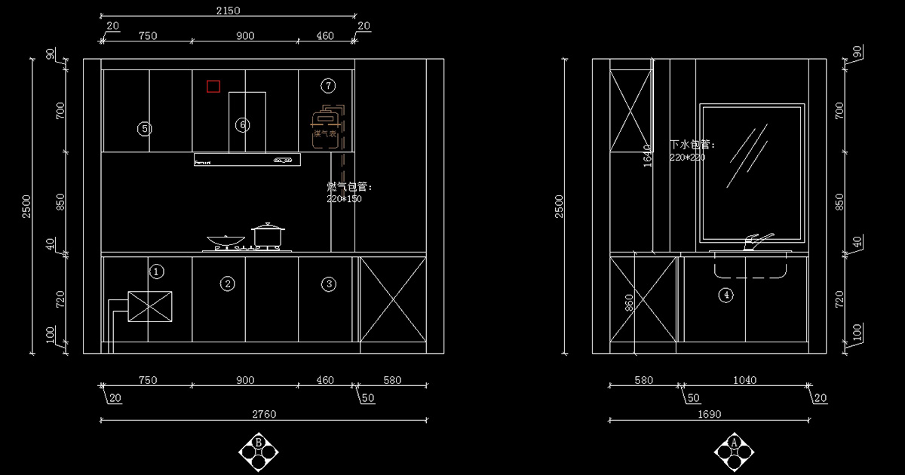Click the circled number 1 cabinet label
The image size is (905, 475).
tap(156, 271)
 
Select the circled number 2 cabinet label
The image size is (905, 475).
tap(227, 283)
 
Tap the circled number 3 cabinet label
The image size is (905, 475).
tap(328, 283)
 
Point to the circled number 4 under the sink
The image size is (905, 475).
tap(726, 295)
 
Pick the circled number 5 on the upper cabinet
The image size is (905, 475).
tap(145, 129)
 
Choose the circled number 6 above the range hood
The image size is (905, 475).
tap(242, 124)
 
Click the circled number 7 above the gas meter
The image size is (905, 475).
tap(327, 84)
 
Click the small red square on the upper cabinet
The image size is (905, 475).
tap(213, 87)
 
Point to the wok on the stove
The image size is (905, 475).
tap(224, 242)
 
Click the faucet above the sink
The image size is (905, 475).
tap(756, 241)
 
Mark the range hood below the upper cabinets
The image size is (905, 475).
tap(247, 160)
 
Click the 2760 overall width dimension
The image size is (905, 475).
tap(263, 414)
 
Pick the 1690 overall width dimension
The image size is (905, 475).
tap(709, 414)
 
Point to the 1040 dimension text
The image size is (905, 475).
tap(744, 381)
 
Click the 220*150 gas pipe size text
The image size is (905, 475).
tap(344, 199)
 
